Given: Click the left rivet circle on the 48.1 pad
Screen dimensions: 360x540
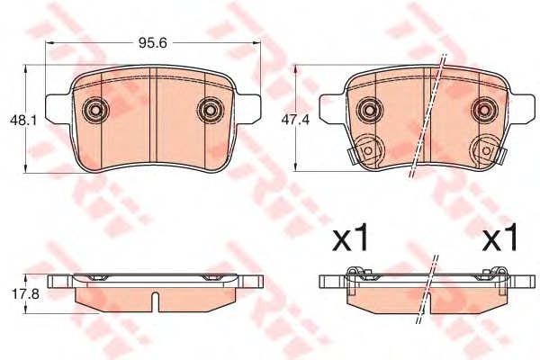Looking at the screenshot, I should click(94, 111).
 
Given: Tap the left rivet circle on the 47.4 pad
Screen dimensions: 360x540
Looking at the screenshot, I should click(368, 111).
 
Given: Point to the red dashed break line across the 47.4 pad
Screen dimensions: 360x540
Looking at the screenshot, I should click(429, 117).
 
